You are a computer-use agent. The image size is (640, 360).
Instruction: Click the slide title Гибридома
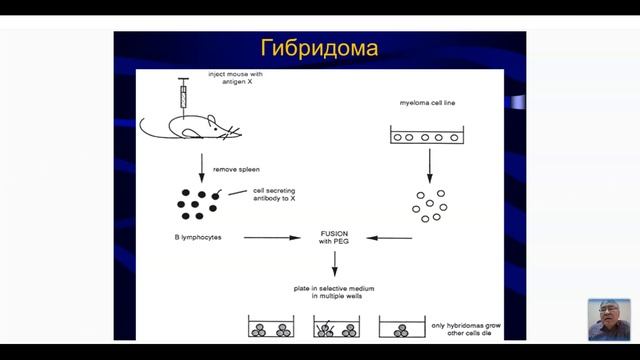click(x=320, y=49)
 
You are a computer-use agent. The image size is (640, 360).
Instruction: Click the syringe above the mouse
click(x=183, y=95)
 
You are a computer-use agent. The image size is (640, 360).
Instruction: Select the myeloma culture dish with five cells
click(x=430, y=137)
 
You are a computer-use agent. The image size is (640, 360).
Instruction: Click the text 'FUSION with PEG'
click(x=334, y=236)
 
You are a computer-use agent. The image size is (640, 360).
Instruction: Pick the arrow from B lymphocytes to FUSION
click(x=272, y=238)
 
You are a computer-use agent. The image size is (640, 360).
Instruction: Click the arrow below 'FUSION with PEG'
click(x=334, y=263)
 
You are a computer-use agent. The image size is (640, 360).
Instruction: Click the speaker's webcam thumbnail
click(x=609, y=319)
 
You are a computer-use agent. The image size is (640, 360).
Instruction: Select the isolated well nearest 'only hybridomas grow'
click(x=401, y=329)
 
